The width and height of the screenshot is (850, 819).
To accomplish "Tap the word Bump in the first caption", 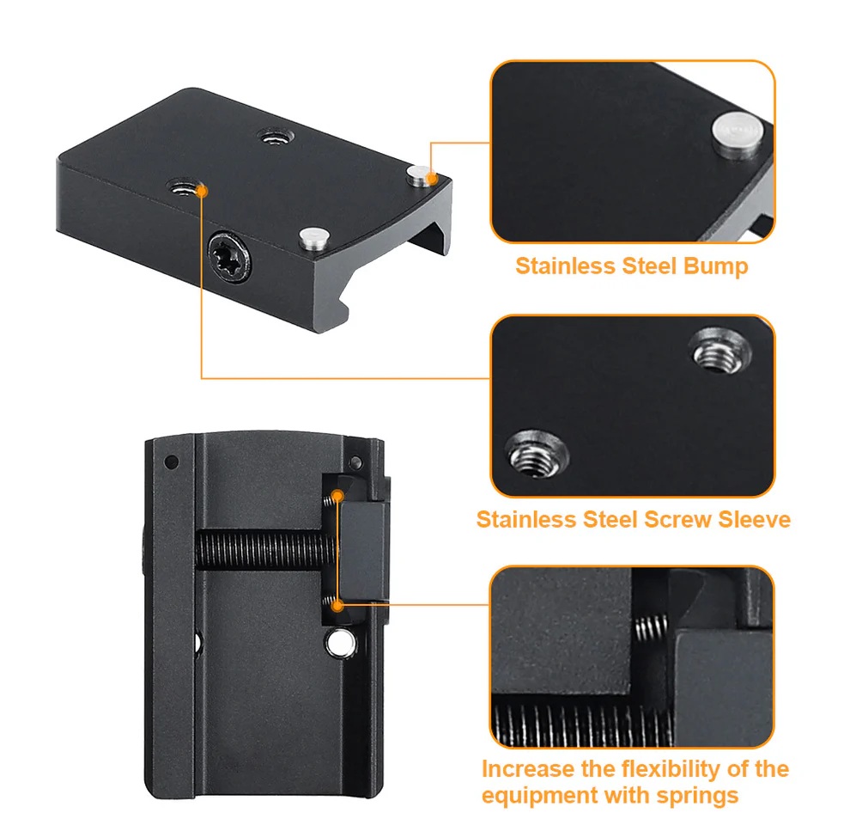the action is [x=715, y=266].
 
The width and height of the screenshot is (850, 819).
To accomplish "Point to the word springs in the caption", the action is [x=697, y=796].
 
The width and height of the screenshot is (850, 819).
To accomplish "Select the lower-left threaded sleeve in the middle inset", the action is [x=536, y=453].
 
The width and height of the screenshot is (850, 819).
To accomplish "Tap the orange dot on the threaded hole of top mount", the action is [x=202, y=191].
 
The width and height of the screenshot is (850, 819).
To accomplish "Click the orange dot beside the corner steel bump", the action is [x=432, y=179].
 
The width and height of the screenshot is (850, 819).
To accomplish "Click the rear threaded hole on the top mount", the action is [x=276, y=137].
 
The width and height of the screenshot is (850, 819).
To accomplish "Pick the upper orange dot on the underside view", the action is [x=337, y=496].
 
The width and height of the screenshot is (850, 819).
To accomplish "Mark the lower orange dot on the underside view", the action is [x=337, y=605].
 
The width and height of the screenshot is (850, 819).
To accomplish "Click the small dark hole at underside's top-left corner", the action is [x=172, y=462].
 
